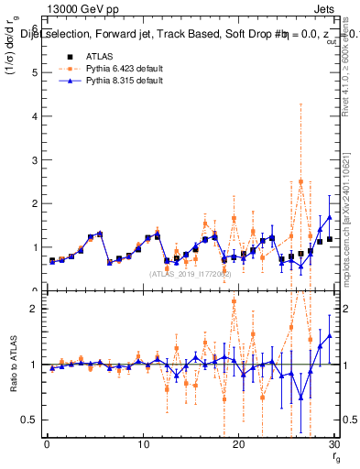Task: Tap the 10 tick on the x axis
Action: tap(142, 444)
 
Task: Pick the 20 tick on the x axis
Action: tap(238, 444)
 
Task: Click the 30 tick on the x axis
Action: tap(333, 444)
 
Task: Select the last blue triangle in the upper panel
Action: tap(330, 217)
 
